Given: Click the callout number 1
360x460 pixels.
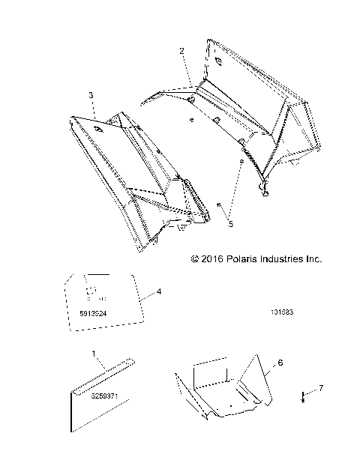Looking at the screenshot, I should pyautogui.click(x=93, y=353).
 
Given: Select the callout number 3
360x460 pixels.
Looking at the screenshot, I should pyautogui.click(x=91, y=96).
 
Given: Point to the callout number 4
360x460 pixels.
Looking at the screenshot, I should pyautogui.click(x=158, y=291).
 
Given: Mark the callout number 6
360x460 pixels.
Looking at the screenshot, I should pyautogui.click(x=280, y=363).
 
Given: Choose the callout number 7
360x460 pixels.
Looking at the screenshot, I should pyautogui.click(x=322, y=387).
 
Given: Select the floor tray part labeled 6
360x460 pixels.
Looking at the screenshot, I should pyautogui.click(x=225, y=390).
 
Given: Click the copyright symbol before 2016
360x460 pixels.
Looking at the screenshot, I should pyautogui.click(x=196, y=259).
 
